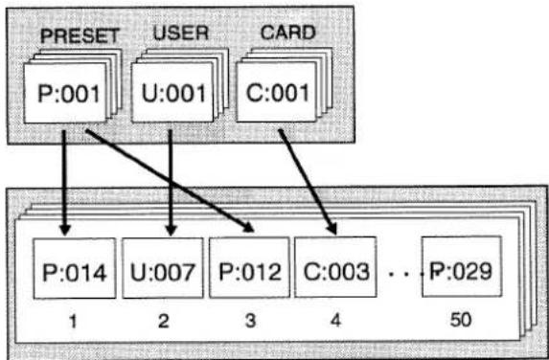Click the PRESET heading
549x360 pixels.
tap(80, 35)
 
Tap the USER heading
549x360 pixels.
tap(181, 34)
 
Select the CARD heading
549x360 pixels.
tap(287, 33)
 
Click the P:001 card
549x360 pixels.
tap(65, 93)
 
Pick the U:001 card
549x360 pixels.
tap(172, 93)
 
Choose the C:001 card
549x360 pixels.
tap(277, 92)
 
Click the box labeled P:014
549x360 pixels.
tap(75, 268)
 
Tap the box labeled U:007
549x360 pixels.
tap(163, 268)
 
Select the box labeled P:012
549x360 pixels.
tap(249, 268)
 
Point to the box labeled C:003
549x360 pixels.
tap(335, 267)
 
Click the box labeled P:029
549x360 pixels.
tap(462, 266)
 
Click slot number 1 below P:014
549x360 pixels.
tap(73, 321)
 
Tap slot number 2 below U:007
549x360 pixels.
tap(164, 321)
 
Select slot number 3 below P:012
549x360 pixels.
tap(250, 320)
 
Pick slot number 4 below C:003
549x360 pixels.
tap(335, 320)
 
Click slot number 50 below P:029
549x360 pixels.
tap(461, 319)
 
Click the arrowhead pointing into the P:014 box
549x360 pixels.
tap(65, 230)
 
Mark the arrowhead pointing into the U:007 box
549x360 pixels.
tap(171, 230)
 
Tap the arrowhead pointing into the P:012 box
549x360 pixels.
tap(248, 228)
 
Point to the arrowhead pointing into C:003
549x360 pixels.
tap(332, 229)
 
